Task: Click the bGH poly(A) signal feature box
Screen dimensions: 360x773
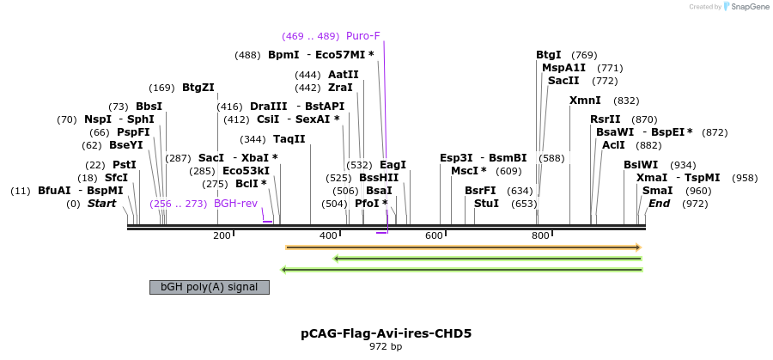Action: [x=210, y=287]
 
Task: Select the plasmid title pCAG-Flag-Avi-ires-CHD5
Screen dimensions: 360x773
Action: [x=386, y=333]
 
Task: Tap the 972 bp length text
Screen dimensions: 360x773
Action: [x=386, y=347]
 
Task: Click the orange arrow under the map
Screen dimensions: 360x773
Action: [x=463, y=247]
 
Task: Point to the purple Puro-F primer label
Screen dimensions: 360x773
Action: [x=362, y=36]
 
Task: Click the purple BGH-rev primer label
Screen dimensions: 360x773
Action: [x=235, y=204]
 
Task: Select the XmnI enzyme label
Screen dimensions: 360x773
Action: [x=585, y=101]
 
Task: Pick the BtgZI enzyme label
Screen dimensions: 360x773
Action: [x=198, y=87]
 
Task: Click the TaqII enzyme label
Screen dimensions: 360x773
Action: [x=289, y=138]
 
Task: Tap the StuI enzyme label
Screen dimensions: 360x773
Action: [x=486, y=204]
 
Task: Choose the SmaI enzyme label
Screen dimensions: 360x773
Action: [x=657, y=191]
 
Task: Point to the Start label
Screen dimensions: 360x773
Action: [x=101, y=204]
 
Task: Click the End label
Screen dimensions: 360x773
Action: [x=659, y=204]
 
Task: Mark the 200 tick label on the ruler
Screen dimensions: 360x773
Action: [x=222, y=235]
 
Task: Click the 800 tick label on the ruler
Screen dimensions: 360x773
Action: [x=539, y=235]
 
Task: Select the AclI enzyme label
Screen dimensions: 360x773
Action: [x=613, y=145]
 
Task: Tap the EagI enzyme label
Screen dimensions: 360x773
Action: [x=393, y=165]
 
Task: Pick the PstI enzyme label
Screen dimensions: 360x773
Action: [x=125, y=165]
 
